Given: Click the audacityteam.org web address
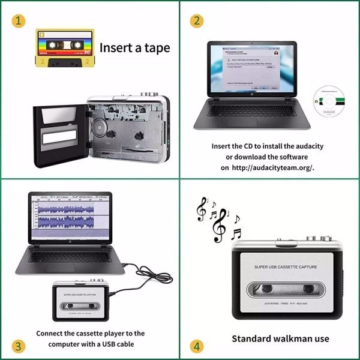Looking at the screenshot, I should pyautogui.click(x=272, y=168).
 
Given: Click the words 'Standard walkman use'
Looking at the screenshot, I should pyautogui.click(x=280, y=338).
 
